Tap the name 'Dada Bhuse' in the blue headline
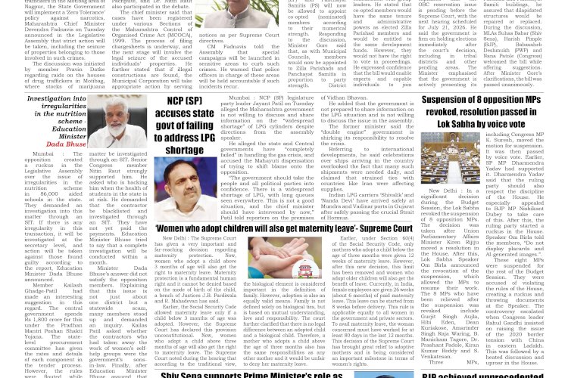[66, 144]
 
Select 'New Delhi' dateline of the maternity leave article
[171, 237]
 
